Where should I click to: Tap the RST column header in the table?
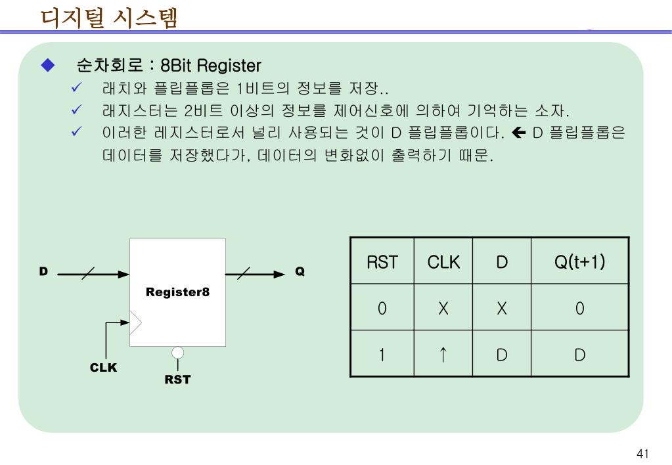point(382,262)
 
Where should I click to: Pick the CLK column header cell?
point(443,262)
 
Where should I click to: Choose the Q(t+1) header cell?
point(579,262)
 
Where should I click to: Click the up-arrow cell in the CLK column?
point(443,355)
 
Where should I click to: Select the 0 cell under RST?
point(382,309)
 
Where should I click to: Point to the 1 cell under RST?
point(382,355)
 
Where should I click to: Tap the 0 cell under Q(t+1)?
point(579,309)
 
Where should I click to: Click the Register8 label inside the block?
point(177,292)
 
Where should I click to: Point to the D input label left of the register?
point(43,271)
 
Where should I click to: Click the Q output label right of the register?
point(300,271)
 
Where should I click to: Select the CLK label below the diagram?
point(103,368)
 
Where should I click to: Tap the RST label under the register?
point(177,380)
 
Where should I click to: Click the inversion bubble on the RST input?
point(177,353)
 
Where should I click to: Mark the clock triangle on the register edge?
point(135,322)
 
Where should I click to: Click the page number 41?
point(642,454)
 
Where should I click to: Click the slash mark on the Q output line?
point(243,274)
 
